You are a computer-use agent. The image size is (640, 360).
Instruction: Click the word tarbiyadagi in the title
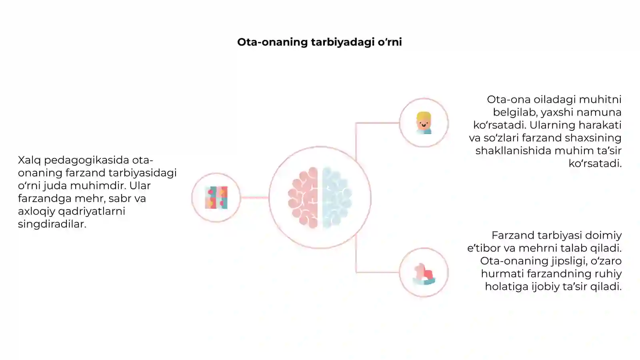[342, 42]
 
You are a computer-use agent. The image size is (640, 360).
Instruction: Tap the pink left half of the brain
[304, 198]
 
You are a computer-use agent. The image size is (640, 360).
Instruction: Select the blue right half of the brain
[336, 198]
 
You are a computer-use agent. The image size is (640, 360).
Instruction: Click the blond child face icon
[424, 123]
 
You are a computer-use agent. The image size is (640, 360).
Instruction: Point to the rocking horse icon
[424, 274]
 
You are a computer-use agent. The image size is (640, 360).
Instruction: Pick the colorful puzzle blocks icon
[216, 198]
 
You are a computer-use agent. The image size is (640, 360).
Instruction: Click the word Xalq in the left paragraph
[30, 160]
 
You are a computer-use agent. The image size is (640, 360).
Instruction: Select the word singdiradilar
[52, 224]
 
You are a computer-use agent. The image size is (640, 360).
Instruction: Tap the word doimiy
[604, 236]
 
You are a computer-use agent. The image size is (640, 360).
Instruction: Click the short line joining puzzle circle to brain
[254, 198]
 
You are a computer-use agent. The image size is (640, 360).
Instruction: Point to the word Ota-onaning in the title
[272, 42]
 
